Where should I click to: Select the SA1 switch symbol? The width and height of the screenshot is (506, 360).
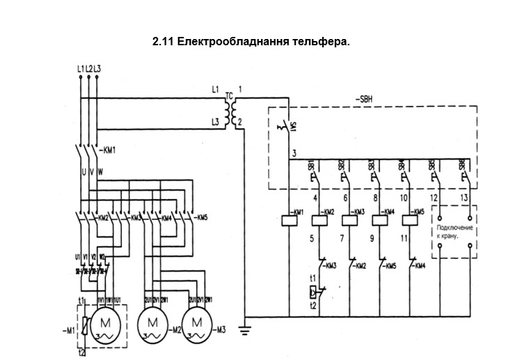(x=286, y=127)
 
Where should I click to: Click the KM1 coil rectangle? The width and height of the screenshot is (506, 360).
(x=288, y=220)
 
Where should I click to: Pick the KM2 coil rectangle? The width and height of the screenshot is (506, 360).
(x=319, y=220)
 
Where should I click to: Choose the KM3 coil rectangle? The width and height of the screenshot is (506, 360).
(x=349, y=220)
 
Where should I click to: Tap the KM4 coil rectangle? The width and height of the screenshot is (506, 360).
(x=379, y=220)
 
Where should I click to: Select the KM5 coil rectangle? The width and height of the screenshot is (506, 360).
(x=410, y=220)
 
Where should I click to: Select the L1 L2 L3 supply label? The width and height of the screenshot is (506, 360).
(x=88, y=68)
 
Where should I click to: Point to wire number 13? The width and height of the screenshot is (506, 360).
(x=465, y=199)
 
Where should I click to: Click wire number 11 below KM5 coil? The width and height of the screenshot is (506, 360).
(x=406, y=238)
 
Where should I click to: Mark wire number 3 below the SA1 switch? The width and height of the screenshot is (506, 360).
(x=295, y=153)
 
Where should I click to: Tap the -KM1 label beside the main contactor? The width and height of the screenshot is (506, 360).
(x=108, y=150)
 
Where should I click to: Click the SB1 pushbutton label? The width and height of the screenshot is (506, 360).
(x=311, y=166)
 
